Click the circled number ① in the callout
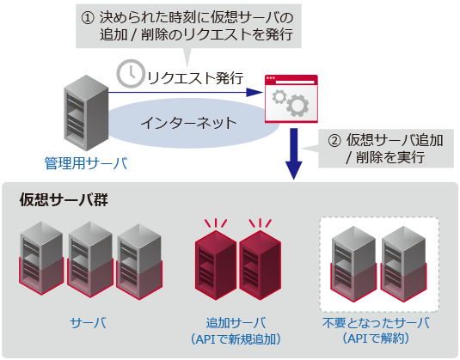coord(88,17)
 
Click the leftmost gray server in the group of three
coord(43,255)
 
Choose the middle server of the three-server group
coord(92,255)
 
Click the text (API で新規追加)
coord(236,339)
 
